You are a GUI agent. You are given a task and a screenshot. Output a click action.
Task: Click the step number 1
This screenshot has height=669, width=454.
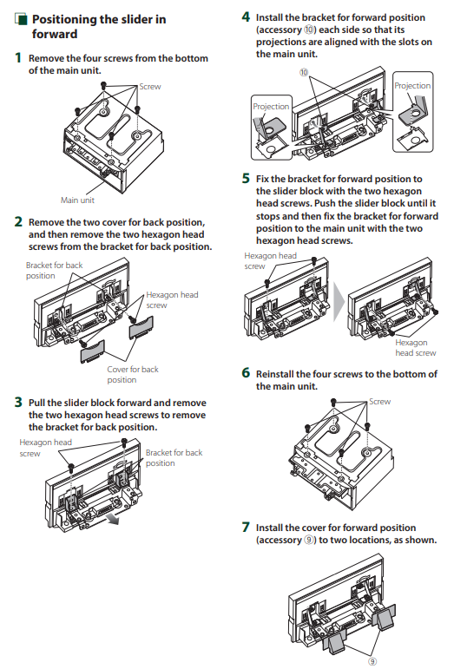[18, 58]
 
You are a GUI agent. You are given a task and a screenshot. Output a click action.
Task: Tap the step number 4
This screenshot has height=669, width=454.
[246, 17]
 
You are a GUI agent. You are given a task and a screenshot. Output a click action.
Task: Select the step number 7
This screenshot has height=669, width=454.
[246, 528]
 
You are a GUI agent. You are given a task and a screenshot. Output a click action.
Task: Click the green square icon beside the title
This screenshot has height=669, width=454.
[21, 20]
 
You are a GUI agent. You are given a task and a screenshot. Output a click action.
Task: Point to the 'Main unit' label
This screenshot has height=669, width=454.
[77, 200]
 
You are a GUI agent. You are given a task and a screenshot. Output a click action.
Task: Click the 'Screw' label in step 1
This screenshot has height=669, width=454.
[150, 87]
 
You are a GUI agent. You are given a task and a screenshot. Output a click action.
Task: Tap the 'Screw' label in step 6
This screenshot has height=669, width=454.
[379, 402]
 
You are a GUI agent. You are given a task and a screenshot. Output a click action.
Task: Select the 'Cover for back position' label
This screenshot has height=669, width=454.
[133, 374]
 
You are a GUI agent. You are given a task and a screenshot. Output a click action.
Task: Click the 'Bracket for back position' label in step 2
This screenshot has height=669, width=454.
[54, 270]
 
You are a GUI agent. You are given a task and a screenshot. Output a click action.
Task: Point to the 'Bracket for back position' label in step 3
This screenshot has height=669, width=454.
[174, 457]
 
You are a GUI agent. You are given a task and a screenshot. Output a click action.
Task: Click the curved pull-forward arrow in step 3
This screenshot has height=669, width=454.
[113, 519]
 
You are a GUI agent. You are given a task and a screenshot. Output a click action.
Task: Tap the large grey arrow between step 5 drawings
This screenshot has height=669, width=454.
[339, 301]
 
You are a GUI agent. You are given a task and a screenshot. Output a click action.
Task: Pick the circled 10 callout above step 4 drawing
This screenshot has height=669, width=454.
[303, 73]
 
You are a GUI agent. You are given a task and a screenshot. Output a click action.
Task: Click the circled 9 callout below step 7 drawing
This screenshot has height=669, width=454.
[372, 661]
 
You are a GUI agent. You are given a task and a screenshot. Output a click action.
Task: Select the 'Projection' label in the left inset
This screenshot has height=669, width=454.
[271, 106]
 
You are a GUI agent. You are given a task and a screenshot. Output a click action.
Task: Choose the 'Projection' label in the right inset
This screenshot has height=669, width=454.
[412, 85]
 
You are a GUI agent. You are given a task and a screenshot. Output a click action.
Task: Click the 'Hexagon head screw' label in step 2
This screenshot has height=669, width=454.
[172, 299]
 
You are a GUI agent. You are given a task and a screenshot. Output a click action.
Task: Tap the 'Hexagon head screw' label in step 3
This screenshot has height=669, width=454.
[46, 448]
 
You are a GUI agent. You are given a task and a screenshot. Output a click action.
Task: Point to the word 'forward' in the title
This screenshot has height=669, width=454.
[55, 34]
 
